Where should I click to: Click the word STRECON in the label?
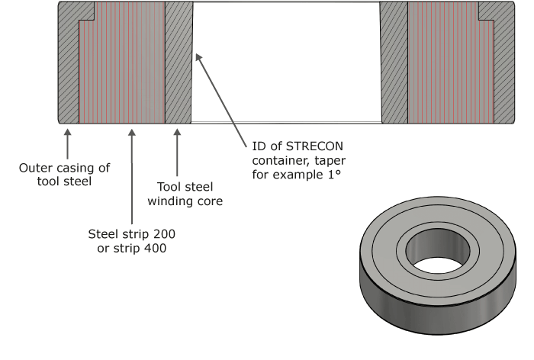pyautogui.click(x=314, y=146)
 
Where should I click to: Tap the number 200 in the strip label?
pyautogui.click(x=164, y=234)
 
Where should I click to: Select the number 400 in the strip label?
pyautogui.click(x=156, y=248)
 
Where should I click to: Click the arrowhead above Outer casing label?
pyautogui.click(x=67, y=133)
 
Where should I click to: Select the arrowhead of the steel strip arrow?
pyautogui.click(x=132, y=133)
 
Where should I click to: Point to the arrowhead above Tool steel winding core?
pyautogui.click(x=177, y=133)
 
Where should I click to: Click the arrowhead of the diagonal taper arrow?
pyautogui.click(x=198, y=57)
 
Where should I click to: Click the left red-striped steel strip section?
pyautogui.click(x=122, y=63)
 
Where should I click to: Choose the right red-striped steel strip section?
pyautogui.click(x=451, y=63)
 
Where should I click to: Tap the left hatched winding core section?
pyautogui.click(x=179, y=63)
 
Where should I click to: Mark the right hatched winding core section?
pyautogui.click(x=394, y=63)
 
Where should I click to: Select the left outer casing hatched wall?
pyautogui.click(x=69, y=68)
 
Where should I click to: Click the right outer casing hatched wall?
pyautogui.click(x=504, y=68)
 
